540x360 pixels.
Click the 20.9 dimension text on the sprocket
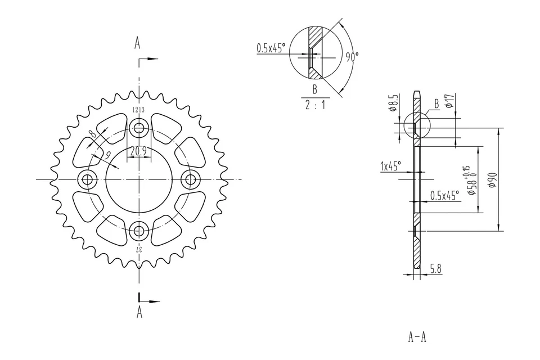pyautogui.click(x=138, y=151)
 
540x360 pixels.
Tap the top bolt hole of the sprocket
pyautogui.click(x=138, y=127)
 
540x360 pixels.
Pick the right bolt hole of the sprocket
pyautogui.click(x=191, y=180)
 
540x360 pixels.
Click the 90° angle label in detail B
pyautogui.click(x=352, y=56)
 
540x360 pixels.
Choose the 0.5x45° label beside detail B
pyautogui.click(x=271, y=48)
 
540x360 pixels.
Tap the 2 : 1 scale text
pyautogui.click(x=315, y=105)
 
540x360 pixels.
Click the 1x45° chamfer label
pyautogui.click(x=390, y=166)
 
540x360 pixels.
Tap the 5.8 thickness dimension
pyautogui.click(x=435, y=269)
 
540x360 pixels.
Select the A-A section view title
pyautogui.click(x=417, y=337)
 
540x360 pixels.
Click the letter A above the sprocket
pyautogui.click(x=137, y=43)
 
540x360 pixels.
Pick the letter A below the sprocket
pyautogui.click(x=139, y=313)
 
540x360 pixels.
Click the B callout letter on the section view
pyautogui.click(x=436, y=103)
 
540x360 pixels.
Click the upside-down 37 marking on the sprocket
pyautogui.click(x=138, y=248)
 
